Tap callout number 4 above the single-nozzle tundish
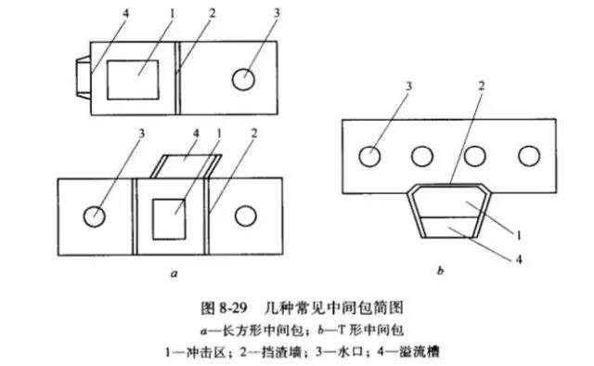(125, 14)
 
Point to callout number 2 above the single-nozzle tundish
(213, 14)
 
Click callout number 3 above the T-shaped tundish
(408, 86)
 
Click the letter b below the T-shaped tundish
(440, 271)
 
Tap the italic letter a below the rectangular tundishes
(174, 273)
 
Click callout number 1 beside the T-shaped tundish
(519, 236)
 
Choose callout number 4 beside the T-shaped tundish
(519, 259)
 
